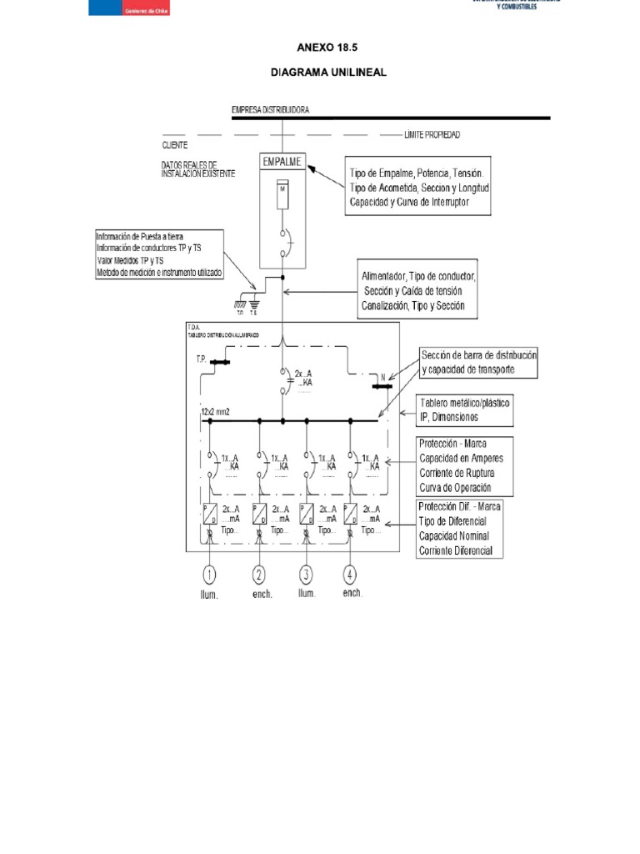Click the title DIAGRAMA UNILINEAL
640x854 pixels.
328,73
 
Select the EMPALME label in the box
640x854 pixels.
282,163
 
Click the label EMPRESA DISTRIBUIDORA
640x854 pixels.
271,110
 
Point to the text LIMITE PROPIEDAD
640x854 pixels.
432,134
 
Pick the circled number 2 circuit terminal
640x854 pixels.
260,574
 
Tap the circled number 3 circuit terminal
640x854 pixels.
307,574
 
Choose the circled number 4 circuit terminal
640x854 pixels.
353,574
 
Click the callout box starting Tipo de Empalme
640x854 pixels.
417,186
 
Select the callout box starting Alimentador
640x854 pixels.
418,290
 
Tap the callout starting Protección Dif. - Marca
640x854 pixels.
461,528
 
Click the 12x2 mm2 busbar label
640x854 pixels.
216,414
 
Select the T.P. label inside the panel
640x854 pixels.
201,359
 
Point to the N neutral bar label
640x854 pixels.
382,377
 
